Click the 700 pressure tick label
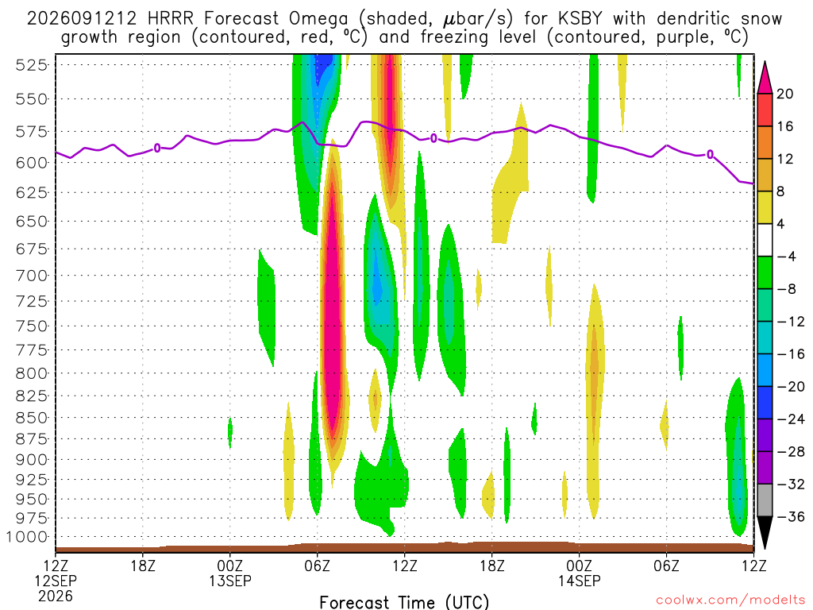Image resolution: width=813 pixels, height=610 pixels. click(31, 276)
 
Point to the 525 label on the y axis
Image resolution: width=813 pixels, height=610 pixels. click(31, 65)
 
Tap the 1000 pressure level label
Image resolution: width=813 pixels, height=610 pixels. click(27, 537)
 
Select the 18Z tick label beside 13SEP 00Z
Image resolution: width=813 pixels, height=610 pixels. click(143, 566)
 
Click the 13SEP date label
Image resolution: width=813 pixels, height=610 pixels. click(230, 581)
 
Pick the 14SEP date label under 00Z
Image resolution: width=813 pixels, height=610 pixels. click(579, 581)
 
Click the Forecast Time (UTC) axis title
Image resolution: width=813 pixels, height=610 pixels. click(404, 602)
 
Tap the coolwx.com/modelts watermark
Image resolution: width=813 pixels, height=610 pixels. click(730, 600)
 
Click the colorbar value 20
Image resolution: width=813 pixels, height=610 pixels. click(785, 94)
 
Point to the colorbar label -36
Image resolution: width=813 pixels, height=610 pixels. click(791, 516)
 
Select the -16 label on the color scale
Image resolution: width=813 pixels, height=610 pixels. click(791, 354)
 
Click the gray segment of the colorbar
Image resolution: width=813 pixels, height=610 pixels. click(765, 500)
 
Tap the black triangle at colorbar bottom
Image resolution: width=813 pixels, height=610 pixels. click(765, 530)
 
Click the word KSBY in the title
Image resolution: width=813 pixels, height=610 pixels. click(580, 19)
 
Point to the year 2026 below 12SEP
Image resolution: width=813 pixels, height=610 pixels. click(56, 596)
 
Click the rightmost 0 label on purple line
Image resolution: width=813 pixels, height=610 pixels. click(710, 154)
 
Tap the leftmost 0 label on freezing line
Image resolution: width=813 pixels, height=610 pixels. click(157, 149)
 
